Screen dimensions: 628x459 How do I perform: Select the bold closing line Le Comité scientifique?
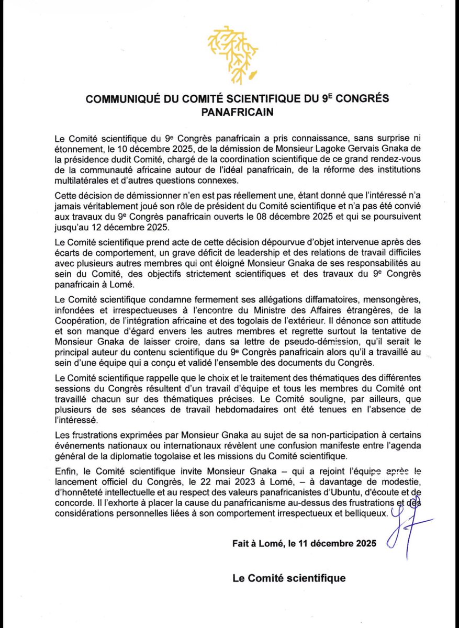pyautogui.click(x=289, y=578)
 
